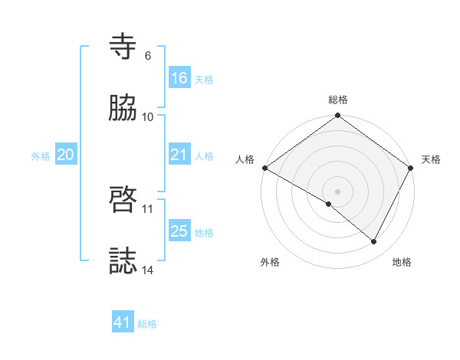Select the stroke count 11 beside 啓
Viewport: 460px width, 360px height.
148,208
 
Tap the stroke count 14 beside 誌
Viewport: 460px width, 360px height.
148,270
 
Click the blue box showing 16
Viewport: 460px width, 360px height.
179,78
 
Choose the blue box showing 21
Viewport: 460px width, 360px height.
179,155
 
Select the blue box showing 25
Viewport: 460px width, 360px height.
179,231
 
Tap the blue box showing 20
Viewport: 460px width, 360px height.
66,155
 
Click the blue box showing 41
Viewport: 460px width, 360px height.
123,322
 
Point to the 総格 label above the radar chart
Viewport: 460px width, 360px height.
338,100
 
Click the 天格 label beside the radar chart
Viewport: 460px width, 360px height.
431,159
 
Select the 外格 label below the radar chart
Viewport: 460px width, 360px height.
270,262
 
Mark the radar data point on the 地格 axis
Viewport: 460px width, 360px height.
374,242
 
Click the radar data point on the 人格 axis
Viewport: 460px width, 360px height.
264,168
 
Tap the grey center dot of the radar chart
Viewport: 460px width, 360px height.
337,191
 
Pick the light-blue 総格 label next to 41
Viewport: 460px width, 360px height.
147,324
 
